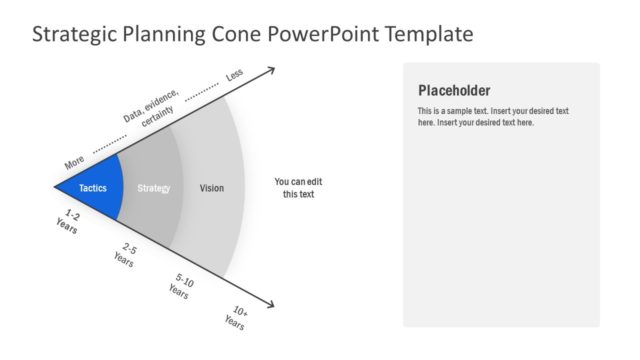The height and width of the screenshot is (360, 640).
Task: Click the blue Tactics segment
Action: tap(93, 187)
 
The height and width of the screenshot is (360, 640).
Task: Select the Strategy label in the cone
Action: tap(154, 188)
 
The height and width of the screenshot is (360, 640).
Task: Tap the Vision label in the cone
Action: tap(212, 188)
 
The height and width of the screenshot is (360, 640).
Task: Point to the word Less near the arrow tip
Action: tap(234, 75)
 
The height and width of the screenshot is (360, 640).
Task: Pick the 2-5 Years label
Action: tap(125, 254)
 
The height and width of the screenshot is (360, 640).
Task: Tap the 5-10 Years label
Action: tap(181, 288)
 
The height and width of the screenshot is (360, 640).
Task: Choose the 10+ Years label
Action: tap(236, 319)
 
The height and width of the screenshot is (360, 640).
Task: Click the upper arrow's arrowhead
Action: tap(270, 69)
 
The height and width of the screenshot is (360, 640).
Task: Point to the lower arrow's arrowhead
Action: tap(270, 305)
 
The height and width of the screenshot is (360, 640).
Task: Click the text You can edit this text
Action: tap(298, 188)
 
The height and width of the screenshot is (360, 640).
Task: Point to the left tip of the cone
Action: tap(56, 186)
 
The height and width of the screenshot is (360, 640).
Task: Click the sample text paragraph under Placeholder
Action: tap(493, 116)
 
